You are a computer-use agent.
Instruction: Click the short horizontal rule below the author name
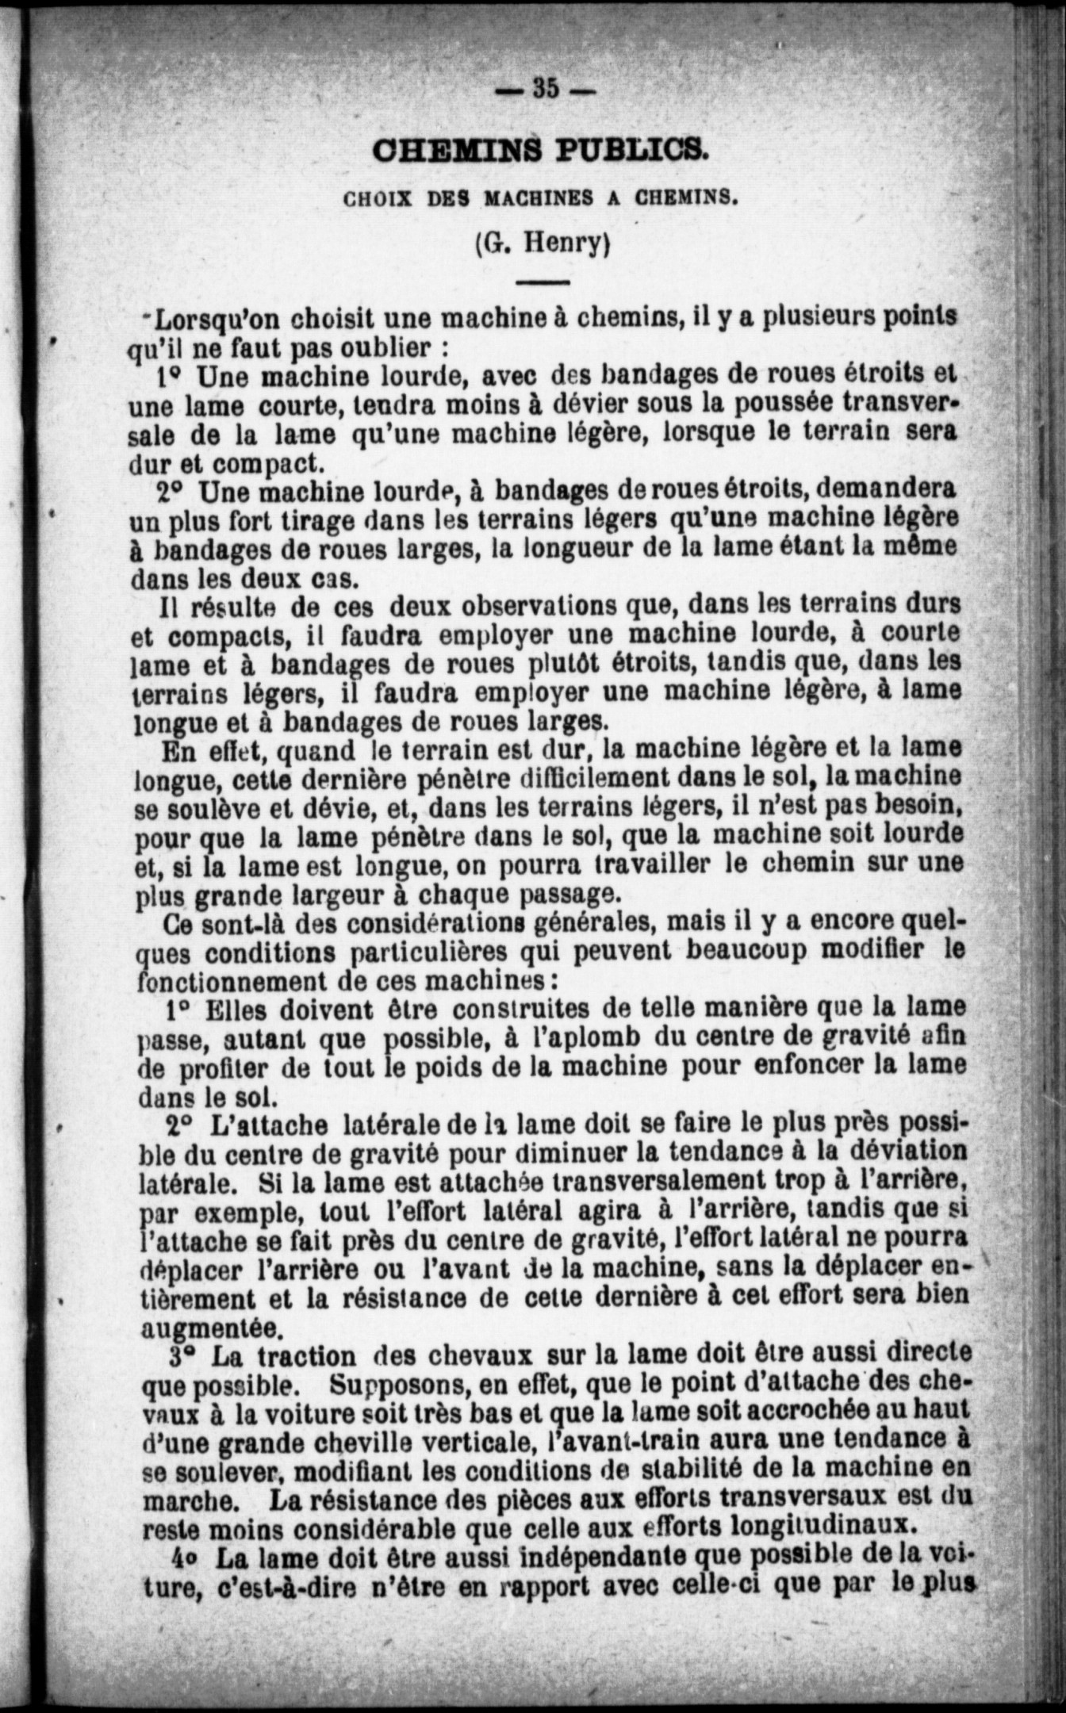tap(543, 281)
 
